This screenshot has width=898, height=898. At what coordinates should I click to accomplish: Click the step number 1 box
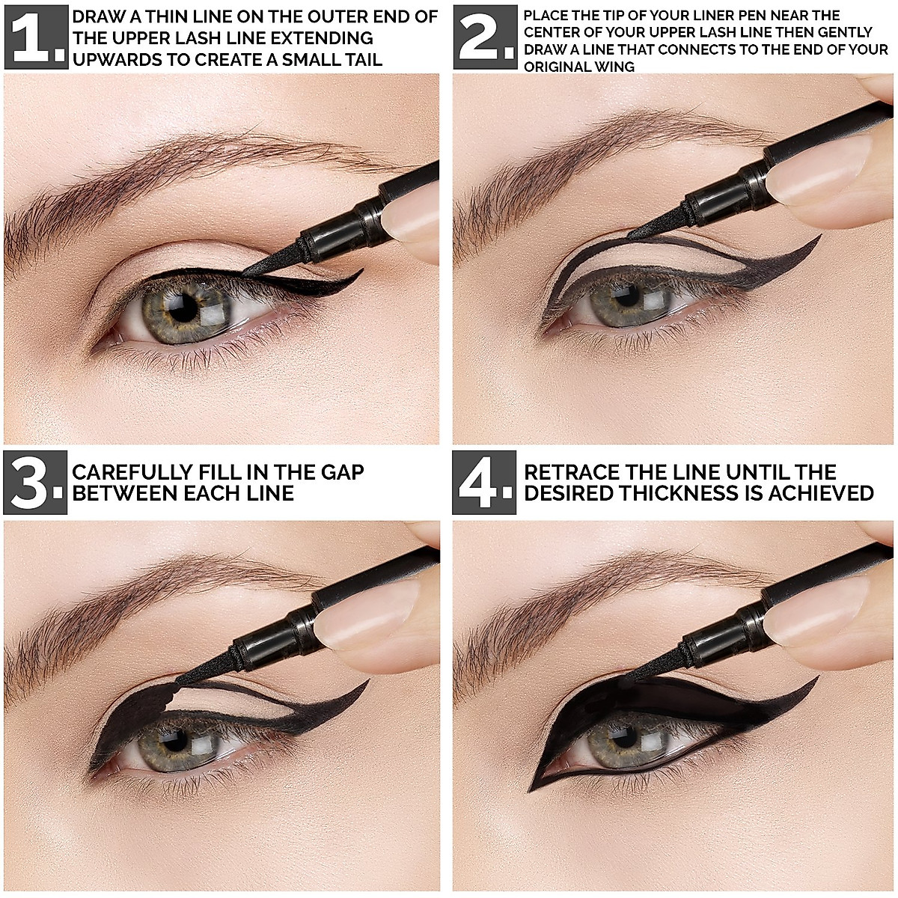click(36, 37)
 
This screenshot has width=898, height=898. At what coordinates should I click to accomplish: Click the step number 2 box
click(485, 37)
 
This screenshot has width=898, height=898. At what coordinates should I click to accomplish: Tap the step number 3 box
click(35, 483)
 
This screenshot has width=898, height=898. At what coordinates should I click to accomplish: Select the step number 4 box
click(484, 483)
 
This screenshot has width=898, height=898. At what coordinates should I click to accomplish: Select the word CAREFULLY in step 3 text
click(132, 472)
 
